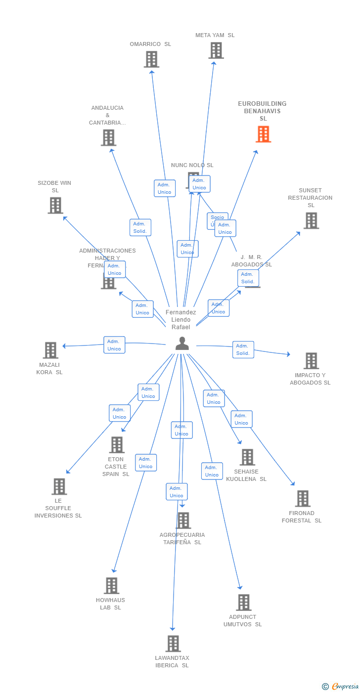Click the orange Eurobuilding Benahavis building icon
click(x=264, y=134)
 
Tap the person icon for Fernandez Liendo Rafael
click(x=182, y=344)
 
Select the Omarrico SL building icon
click(x=151, y=59)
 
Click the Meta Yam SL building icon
click(x=216, y=50)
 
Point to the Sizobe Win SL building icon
click(x=55, y=205)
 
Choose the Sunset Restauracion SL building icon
click(x=311, y=220)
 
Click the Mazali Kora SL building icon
click(x=50, y=350)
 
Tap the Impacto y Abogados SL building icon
click(x=311, y=361)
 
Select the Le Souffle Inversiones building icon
click(x=59, y=486)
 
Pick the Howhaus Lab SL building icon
click(x=111, y=586)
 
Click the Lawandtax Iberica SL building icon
click(x=173, y=644)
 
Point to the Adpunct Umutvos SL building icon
click(x=243, y=603)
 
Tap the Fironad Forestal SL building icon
click(x=303, y=499)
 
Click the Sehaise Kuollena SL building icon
click(x=247, y=457)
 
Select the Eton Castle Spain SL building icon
click(x=117, y=445)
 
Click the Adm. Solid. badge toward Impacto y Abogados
click(x=243, y=349)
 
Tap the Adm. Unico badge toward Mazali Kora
click(x=114, y=345)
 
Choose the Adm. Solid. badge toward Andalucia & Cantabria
click(x=140, y=227)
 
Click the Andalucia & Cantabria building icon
click(x=108, y=137)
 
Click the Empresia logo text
click(x=345, y=686)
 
